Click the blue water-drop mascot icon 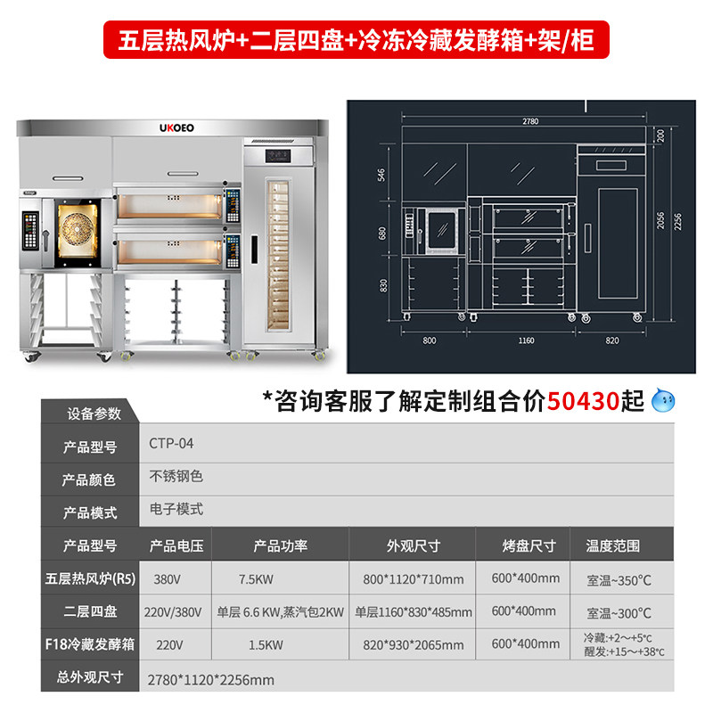tap(664, 402)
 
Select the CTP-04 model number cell tap(171, 443)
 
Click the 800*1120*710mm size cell tap(413, 579)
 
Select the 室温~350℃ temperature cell tap(619, 579)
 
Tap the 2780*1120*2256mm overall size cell tap(210, 679)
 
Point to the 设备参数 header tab tap(94, 414)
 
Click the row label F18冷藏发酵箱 tap(89, 644)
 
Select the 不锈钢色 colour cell tap(176, 477)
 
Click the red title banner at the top tap(356, 40)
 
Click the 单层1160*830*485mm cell tap(413, 612)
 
